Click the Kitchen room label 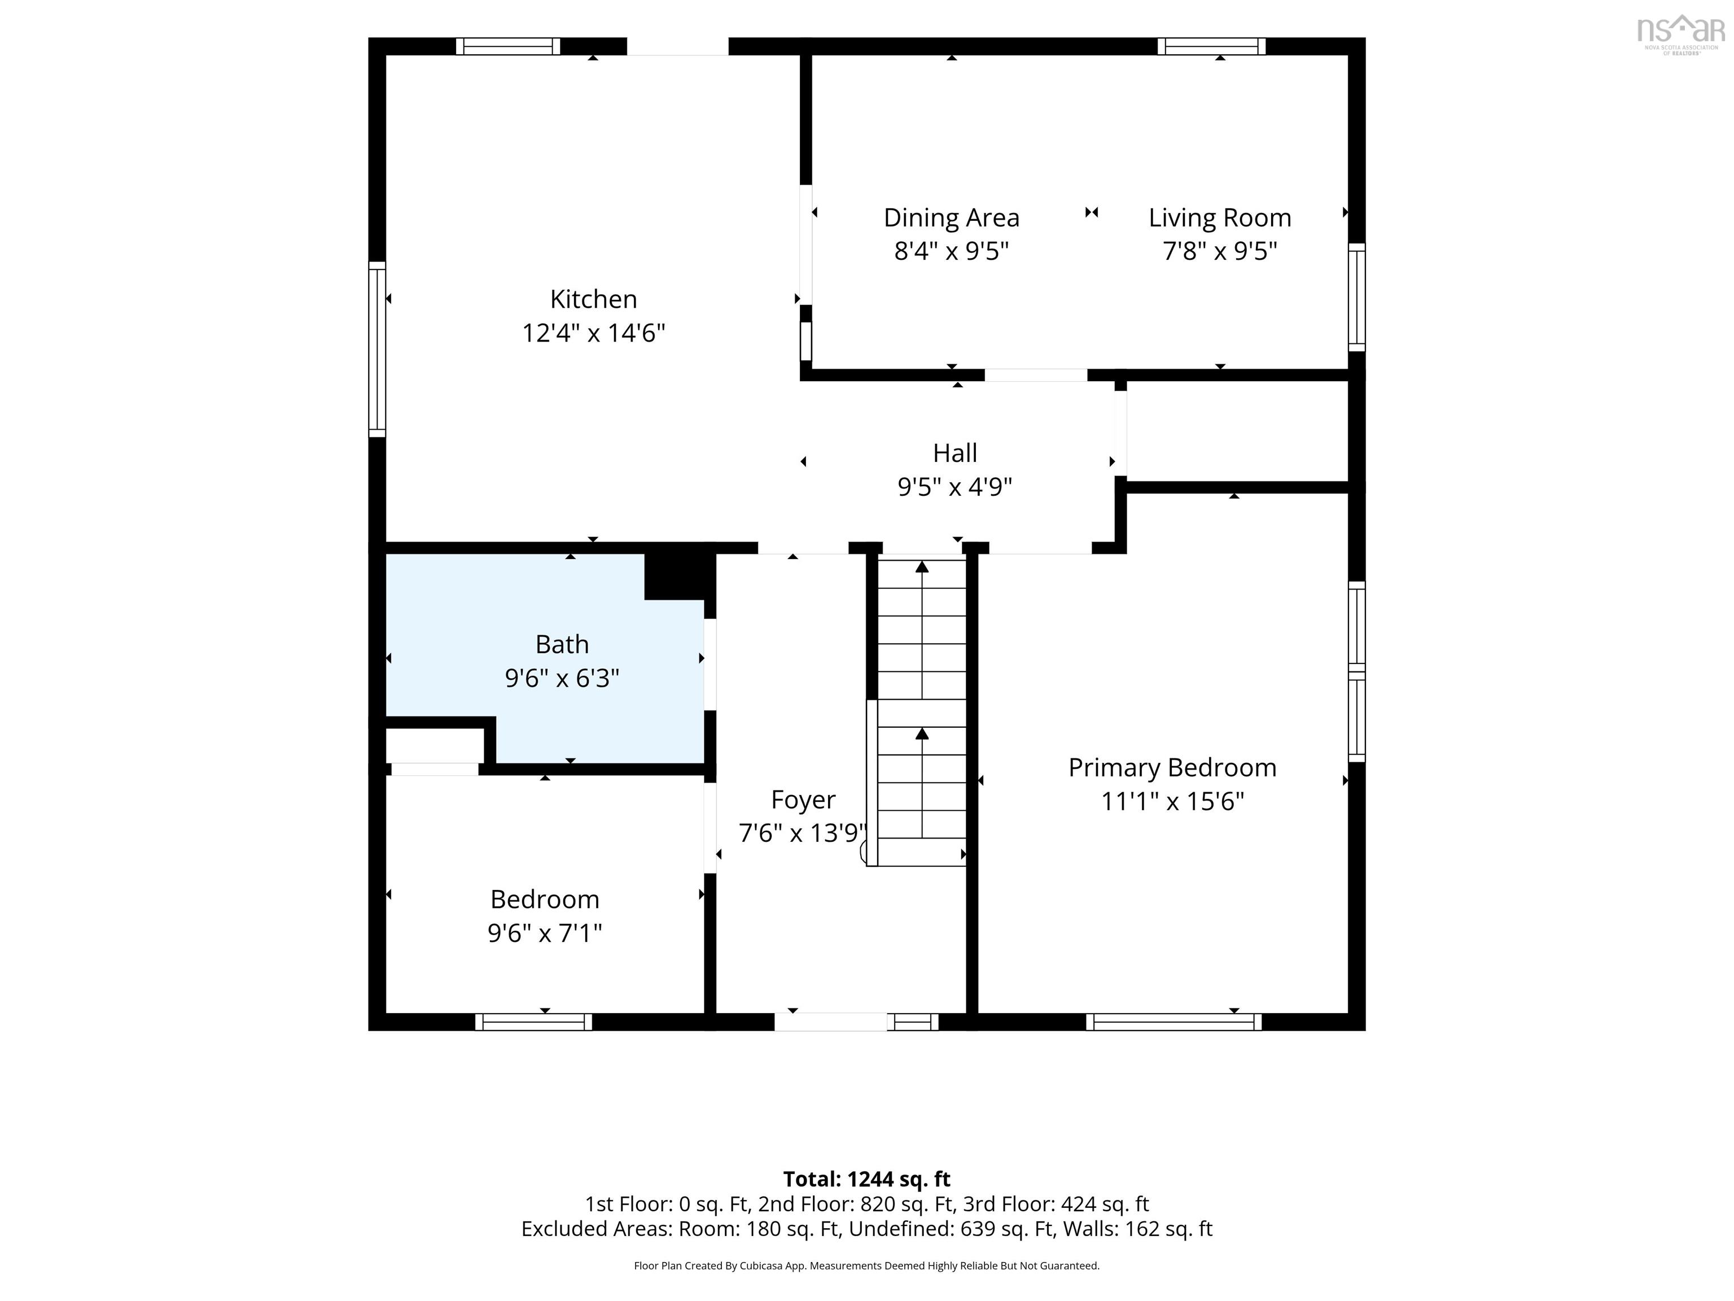click(x=593, y=299)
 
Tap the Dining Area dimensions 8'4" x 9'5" click(x=951, y=251)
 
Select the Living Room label click(x=1220, y=217)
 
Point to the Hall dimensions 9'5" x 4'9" click(x=955, y=487)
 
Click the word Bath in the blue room click(x=562, y=644)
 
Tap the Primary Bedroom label click(x=1172, y=768)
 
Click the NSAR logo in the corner click(x=1681, y=35)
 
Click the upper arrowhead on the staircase click(x=922, y=566)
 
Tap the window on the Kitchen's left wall click(x=377, y=349)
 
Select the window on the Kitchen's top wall click(x=508, y=46)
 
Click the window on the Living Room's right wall click(x=1356, y=297)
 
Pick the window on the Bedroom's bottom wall click(x=533, y=1022)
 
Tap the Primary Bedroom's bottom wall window click(x=1173, y=1022)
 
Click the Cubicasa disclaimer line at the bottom click(x=867, y=1266)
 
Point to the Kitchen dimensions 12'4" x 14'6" click(x=593, y=333)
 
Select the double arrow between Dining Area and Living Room click(x=1091, y=212)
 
